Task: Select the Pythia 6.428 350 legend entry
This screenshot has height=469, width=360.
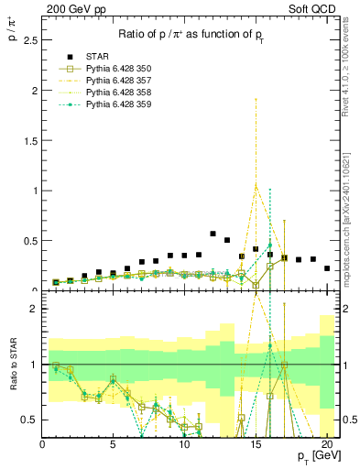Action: (x=120, y=69)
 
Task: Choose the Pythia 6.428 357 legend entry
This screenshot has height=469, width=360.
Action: (x=120, y=81)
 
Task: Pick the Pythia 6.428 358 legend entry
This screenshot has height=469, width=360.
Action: (x=120, y=93)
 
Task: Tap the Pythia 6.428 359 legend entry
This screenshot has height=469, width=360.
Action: (x=120, y=104)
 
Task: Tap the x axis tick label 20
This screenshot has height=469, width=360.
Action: (x=327, y=446)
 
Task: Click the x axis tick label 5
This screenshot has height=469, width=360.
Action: (x=114, y=446)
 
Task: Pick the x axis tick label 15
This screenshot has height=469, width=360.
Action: (x=256, y=446)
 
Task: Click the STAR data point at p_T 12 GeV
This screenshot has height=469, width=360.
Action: (x=213, y=234)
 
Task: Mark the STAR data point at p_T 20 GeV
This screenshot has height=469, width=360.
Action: (x=327, y=268)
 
